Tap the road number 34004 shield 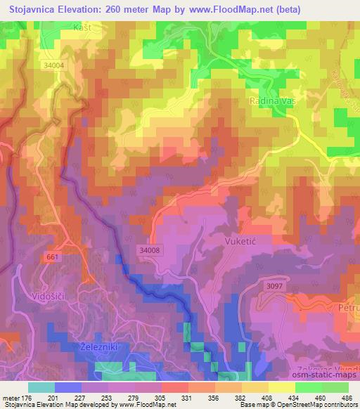[x=53, y=65]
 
